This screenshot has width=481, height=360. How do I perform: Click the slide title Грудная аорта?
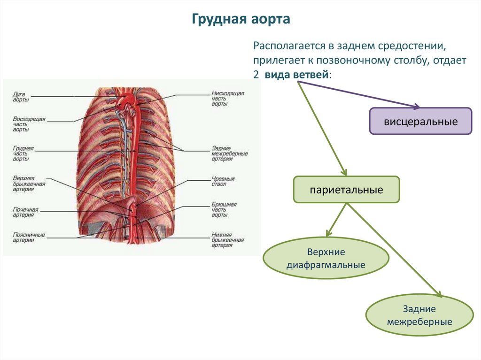[x=240, y=20]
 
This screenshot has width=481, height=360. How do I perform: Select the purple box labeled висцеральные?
[x=420, y=122]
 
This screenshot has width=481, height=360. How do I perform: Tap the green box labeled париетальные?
[x=346, y=190]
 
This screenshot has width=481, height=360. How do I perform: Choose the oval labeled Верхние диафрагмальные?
[x=326, y=259]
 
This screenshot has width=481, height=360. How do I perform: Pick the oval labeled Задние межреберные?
[x=419, y=315]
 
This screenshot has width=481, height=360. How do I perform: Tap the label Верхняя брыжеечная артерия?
[x=29, y=184]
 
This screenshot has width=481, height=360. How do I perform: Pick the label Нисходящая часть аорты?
[x=227, y=99]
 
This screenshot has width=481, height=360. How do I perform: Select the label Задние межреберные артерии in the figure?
[x=229, y=153]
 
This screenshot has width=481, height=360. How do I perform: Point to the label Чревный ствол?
[x=223, y=182]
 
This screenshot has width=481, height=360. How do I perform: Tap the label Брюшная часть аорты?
[x=224, y=210]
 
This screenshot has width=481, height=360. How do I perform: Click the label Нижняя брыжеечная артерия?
[x=227, y=240]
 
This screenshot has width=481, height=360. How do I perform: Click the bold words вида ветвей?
[x=297, y=75]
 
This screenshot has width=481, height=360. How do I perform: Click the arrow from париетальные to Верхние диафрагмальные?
[x=337, y=219]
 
